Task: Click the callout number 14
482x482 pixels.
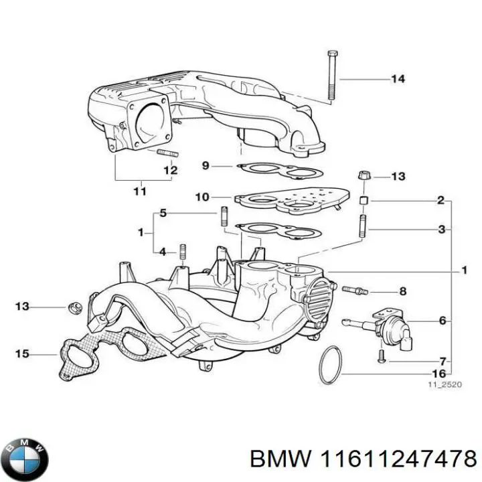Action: click(398, 79)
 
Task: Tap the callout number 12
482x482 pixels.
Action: click(171, 171)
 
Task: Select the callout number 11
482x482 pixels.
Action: click(139, 192)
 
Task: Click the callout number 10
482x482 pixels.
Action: click(202, 197)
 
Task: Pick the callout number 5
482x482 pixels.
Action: click(162, 214)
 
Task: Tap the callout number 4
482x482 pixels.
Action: click(162, 252)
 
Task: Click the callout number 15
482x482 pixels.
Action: click(22, 353)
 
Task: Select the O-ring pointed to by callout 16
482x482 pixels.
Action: click(329, 366)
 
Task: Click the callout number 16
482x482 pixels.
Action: click(439, 374)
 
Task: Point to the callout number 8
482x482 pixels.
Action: click(402, 291)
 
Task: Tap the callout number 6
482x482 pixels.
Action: click(442, 321)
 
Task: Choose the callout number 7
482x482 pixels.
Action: click(442, 361)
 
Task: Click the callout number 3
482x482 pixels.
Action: click(441, 230)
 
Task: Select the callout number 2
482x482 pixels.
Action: click(441, 200)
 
